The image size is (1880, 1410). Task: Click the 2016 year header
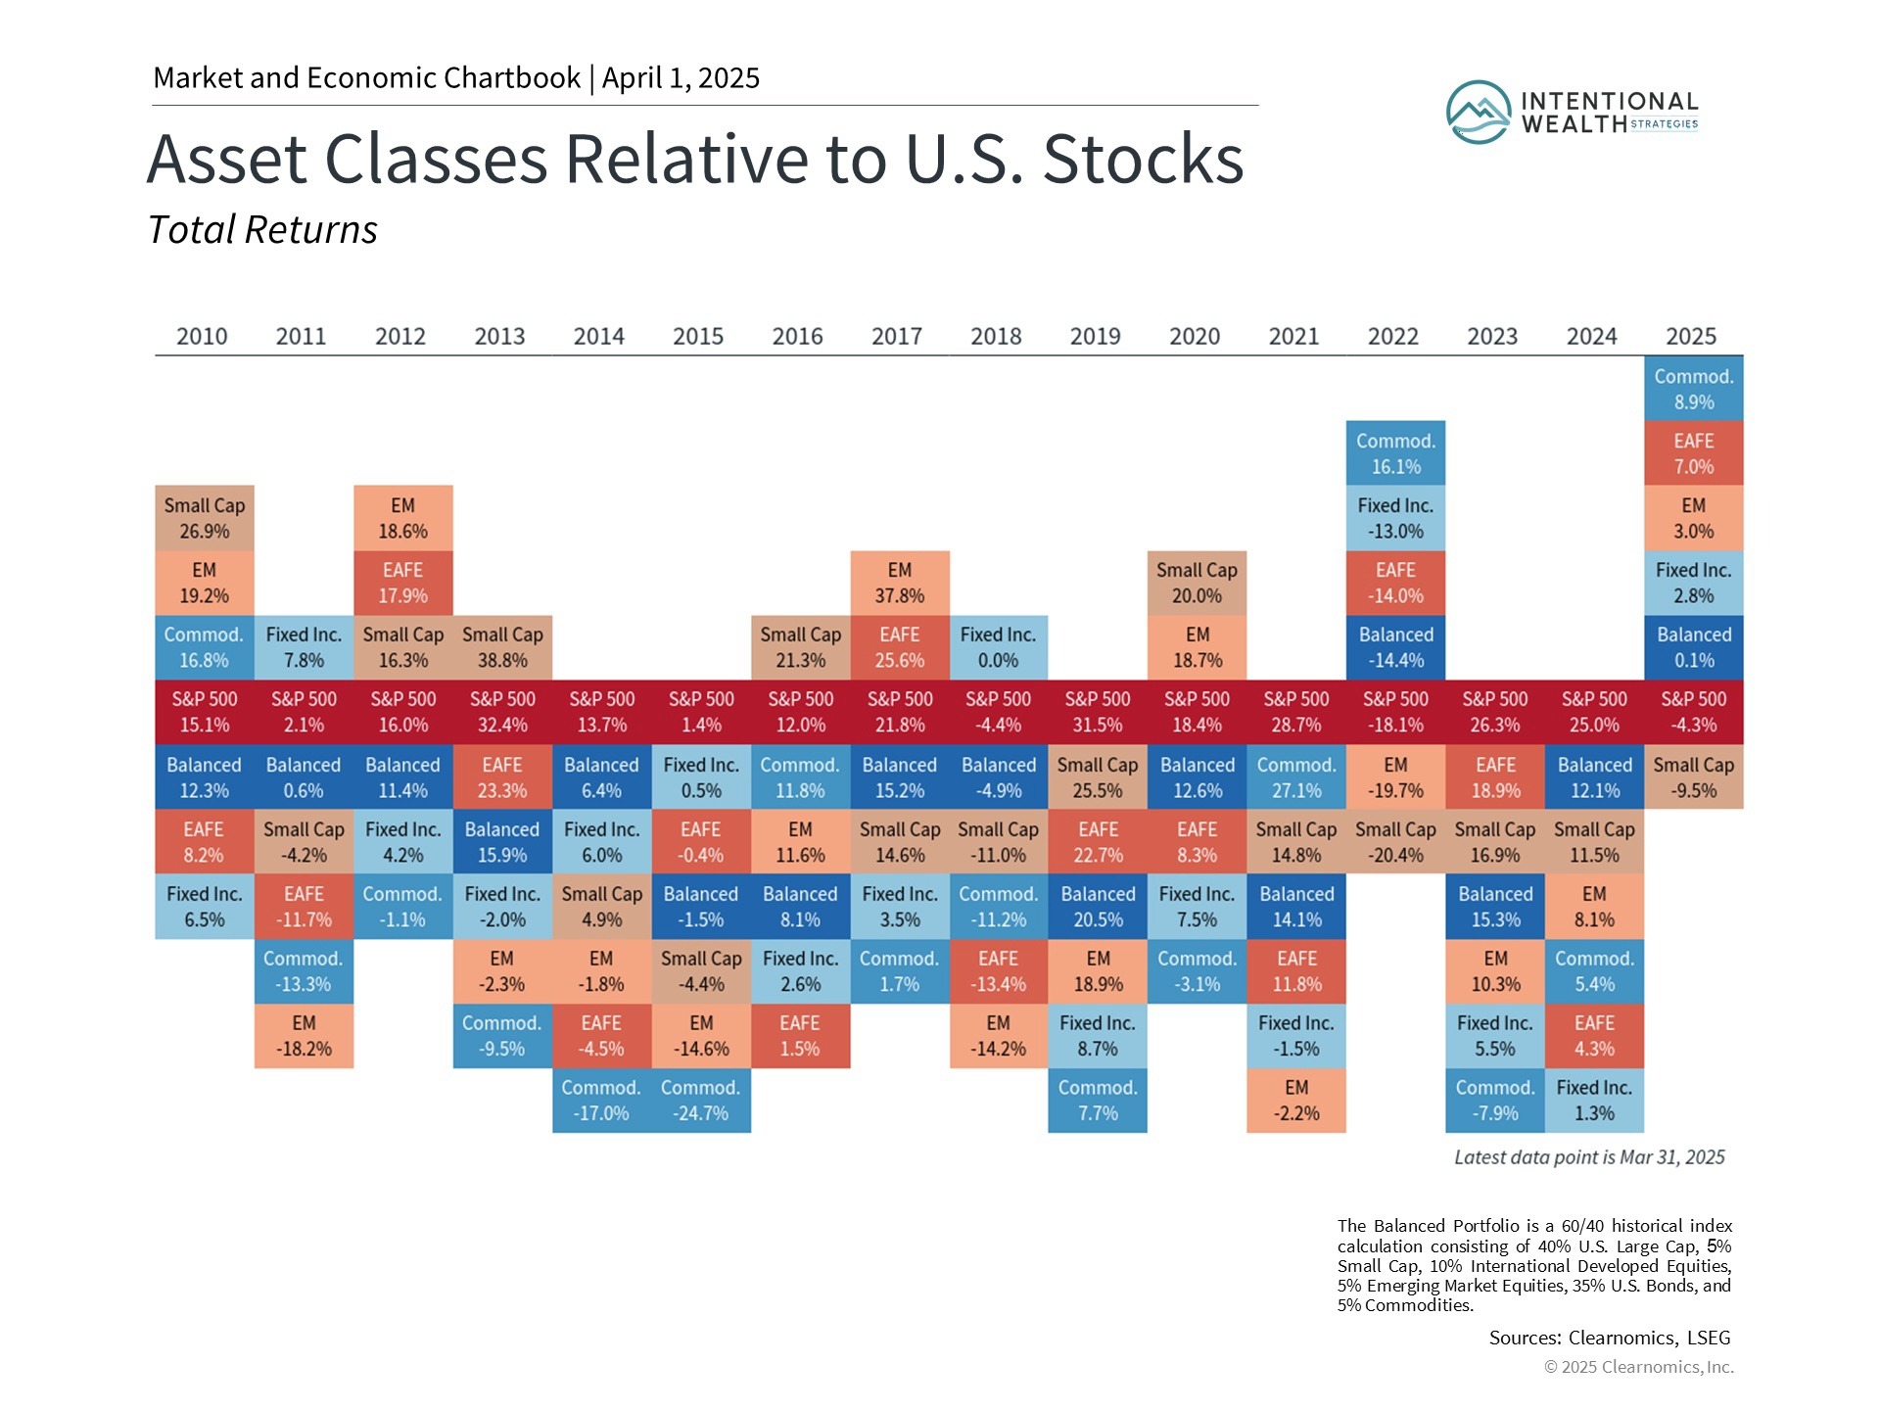[797, 337]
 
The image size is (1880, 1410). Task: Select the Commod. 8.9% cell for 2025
[1694, 389]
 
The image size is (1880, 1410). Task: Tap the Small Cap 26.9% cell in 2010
[205, 518]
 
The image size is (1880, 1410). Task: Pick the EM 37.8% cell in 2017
[900, 584]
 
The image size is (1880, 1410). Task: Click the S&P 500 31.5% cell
[1098, 712]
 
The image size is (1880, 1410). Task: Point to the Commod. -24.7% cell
[701, 1101]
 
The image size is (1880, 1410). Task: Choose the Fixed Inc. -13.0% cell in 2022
[1395, 518]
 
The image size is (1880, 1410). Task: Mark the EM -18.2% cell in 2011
[304, 1036]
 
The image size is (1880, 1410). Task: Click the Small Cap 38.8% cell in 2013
[502, 647]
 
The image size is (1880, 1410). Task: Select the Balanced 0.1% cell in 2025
[1694, 647]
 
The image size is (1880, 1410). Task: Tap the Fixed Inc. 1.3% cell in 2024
[1594, 1101]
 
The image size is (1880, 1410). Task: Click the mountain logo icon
[1479, 113]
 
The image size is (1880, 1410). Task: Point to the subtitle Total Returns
[262, 230]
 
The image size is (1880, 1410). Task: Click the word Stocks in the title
[1143, 159]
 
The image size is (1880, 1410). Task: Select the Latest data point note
[1589, 1157]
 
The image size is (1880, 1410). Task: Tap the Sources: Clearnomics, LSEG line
[1610, 1338]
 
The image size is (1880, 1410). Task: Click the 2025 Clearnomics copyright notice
[1639, 1367]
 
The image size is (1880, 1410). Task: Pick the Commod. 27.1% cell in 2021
[1296, 777]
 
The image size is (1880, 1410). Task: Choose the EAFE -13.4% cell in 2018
[999, 971]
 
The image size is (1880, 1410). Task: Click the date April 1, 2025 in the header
[681, 78]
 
